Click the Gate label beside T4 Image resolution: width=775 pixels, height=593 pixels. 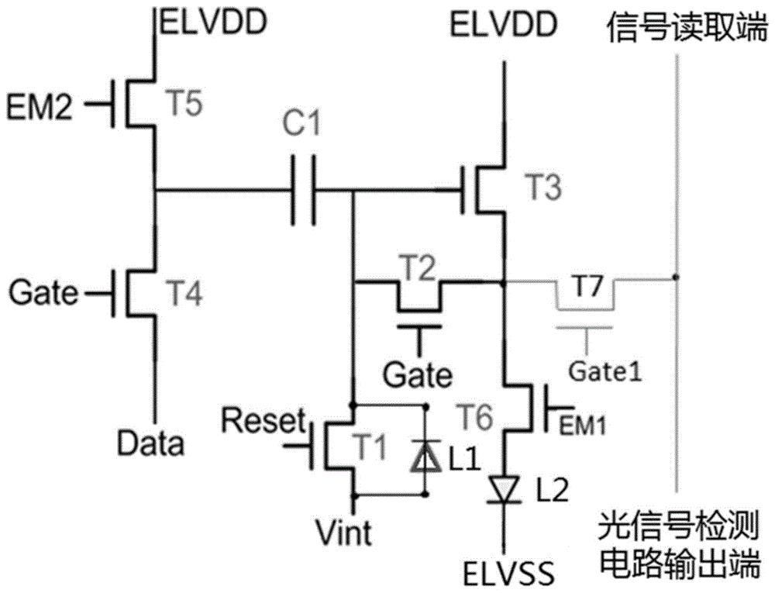point(44,292)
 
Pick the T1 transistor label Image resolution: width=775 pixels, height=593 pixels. point(370,446)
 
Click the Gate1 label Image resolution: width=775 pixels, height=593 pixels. point(604,372)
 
